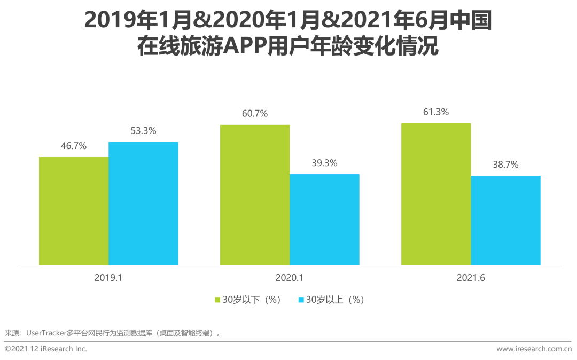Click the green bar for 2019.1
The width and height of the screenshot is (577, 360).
pyautogui.click(x=74, y=211)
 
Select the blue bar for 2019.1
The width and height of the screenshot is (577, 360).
pyautogui.click(x=143, y=204)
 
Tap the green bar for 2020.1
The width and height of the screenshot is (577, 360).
pyautogui.click(x=255, y=195)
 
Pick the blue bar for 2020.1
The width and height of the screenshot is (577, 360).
pyautogui.click(x=324, y=220)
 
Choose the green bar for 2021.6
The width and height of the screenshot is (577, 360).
pyautogui.click(x=436, y=194)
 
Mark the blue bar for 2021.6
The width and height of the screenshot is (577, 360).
pyautogui.click(x=505, y=220)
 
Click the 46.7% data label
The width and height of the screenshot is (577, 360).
pyautogui.click(x=74, y=146)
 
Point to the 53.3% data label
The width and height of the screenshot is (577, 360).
pyautogui.click(x=143, y=131)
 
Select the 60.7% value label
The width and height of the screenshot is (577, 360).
pyautogui.click(x=255, y=114)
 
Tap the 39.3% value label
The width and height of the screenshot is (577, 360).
pyautogui.click(x=324, y=163)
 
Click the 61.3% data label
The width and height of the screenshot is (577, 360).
pyautogui.click(x=436, y=112)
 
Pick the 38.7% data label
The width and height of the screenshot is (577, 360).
pyautogui.click(x=505, y=165)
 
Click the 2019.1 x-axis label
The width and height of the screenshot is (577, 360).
pyautogui.click(x=108, y=278)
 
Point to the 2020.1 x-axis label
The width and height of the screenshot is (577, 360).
pyautogui.click(x=290, y=278)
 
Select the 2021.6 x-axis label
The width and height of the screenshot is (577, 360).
pyautogui.click(x=471, y=278)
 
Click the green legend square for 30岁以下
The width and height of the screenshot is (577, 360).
pyautogui.click(x=217, y=300)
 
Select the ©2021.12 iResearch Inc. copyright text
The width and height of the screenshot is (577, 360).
pyautogui.click(x=45, y=349)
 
